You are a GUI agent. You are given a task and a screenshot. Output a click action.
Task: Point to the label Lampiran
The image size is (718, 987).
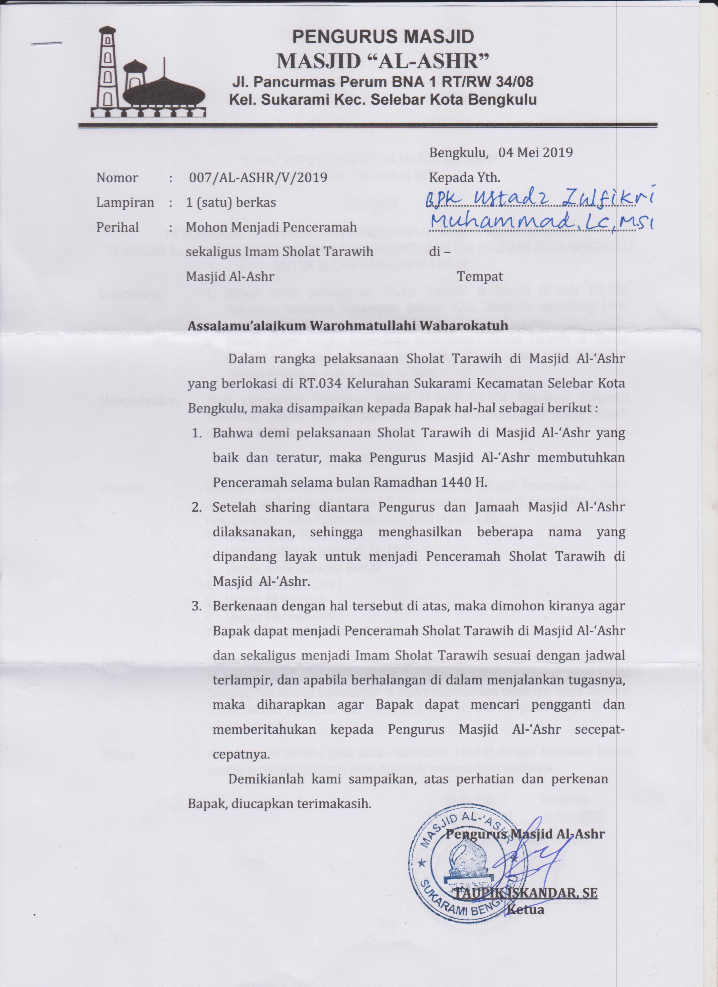125,202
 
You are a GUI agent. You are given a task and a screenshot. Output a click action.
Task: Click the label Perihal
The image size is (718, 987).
118,227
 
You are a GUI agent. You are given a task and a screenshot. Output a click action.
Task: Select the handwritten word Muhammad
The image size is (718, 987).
505,223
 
